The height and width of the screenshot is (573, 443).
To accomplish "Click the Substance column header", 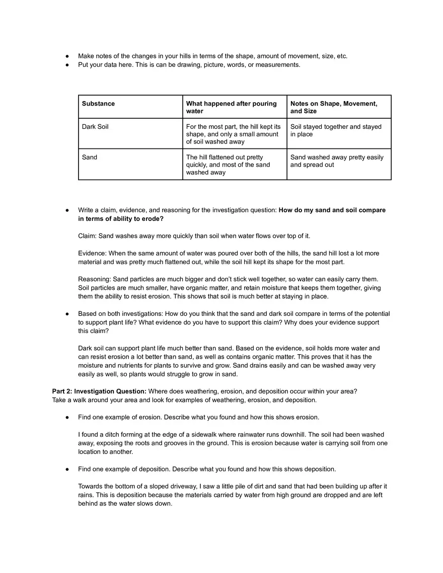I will (x=98, y=104).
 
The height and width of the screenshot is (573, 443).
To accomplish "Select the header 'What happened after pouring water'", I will (x=231, y=107).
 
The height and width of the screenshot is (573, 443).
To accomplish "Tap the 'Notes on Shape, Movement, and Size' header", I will (x=333, y=107).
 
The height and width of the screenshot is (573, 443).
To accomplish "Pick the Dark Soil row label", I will (x=95, y=127).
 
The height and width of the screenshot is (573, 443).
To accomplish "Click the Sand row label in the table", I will (x=90, y=157).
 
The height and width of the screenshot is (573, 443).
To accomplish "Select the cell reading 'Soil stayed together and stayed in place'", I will (x=336, y=130).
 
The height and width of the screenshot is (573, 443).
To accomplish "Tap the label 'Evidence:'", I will (x=93, y=254).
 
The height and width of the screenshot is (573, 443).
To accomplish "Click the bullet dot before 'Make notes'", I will (x=67, y=56).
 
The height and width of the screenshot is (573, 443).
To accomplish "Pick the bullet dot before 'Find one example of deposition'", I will (x=67, y=469).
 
